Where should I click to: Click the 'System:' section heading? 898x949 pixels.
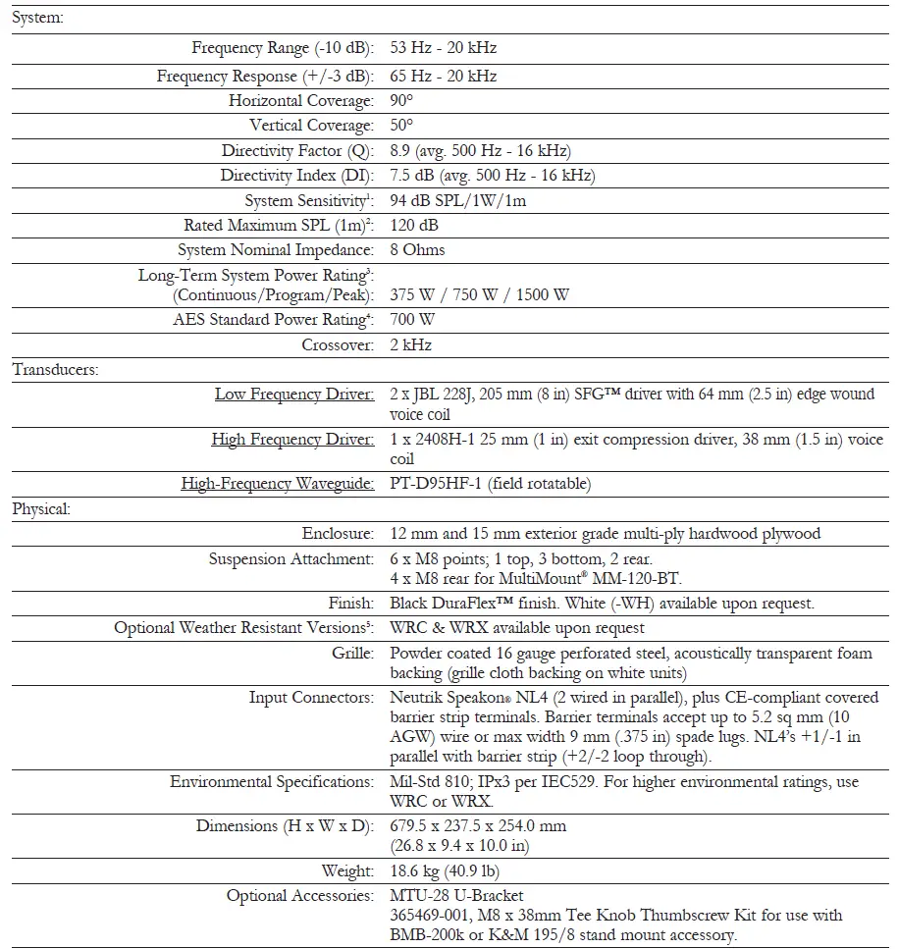click(x=37, y=19)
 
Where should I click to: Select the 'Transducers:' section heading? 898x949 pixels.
click(x=55, y=370)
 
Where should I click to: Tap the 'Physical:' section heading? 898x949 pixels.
click(x=42, y=509)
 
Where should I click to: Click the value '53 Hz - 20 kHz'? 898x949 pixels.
click(x=443, y=48)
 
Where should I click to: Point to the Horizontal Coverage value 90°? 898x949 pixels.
click(x=401, y=101)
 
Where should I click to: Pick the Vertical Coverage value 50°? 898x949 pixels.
click(x=401, y=126)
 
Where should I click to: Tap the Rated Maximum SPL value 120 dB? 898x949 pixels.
click(x=415, y=226)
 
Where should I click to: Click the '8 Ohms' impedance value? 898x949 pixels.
click(x=417, y=250)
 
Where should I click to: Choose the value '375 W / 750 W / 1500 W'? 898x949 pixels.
click(x=479, y=294)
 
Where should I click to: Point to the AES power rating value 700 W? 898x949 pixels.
click(x=412, y=320)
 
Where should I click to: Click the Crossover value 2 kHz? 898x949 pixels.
click(x=410, y=344)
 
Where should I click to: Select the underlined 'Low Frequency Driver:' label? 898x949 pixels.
click(x=294, y=395)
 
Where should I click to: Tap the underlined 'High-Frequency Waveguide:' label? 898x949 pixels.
click(x=278, y=484)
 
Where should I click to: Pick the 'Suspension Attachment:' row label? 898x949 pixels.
click(x=291, y=559)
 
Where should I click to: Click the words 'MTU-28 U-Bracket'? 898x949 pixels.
click(x=456, y=896)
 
